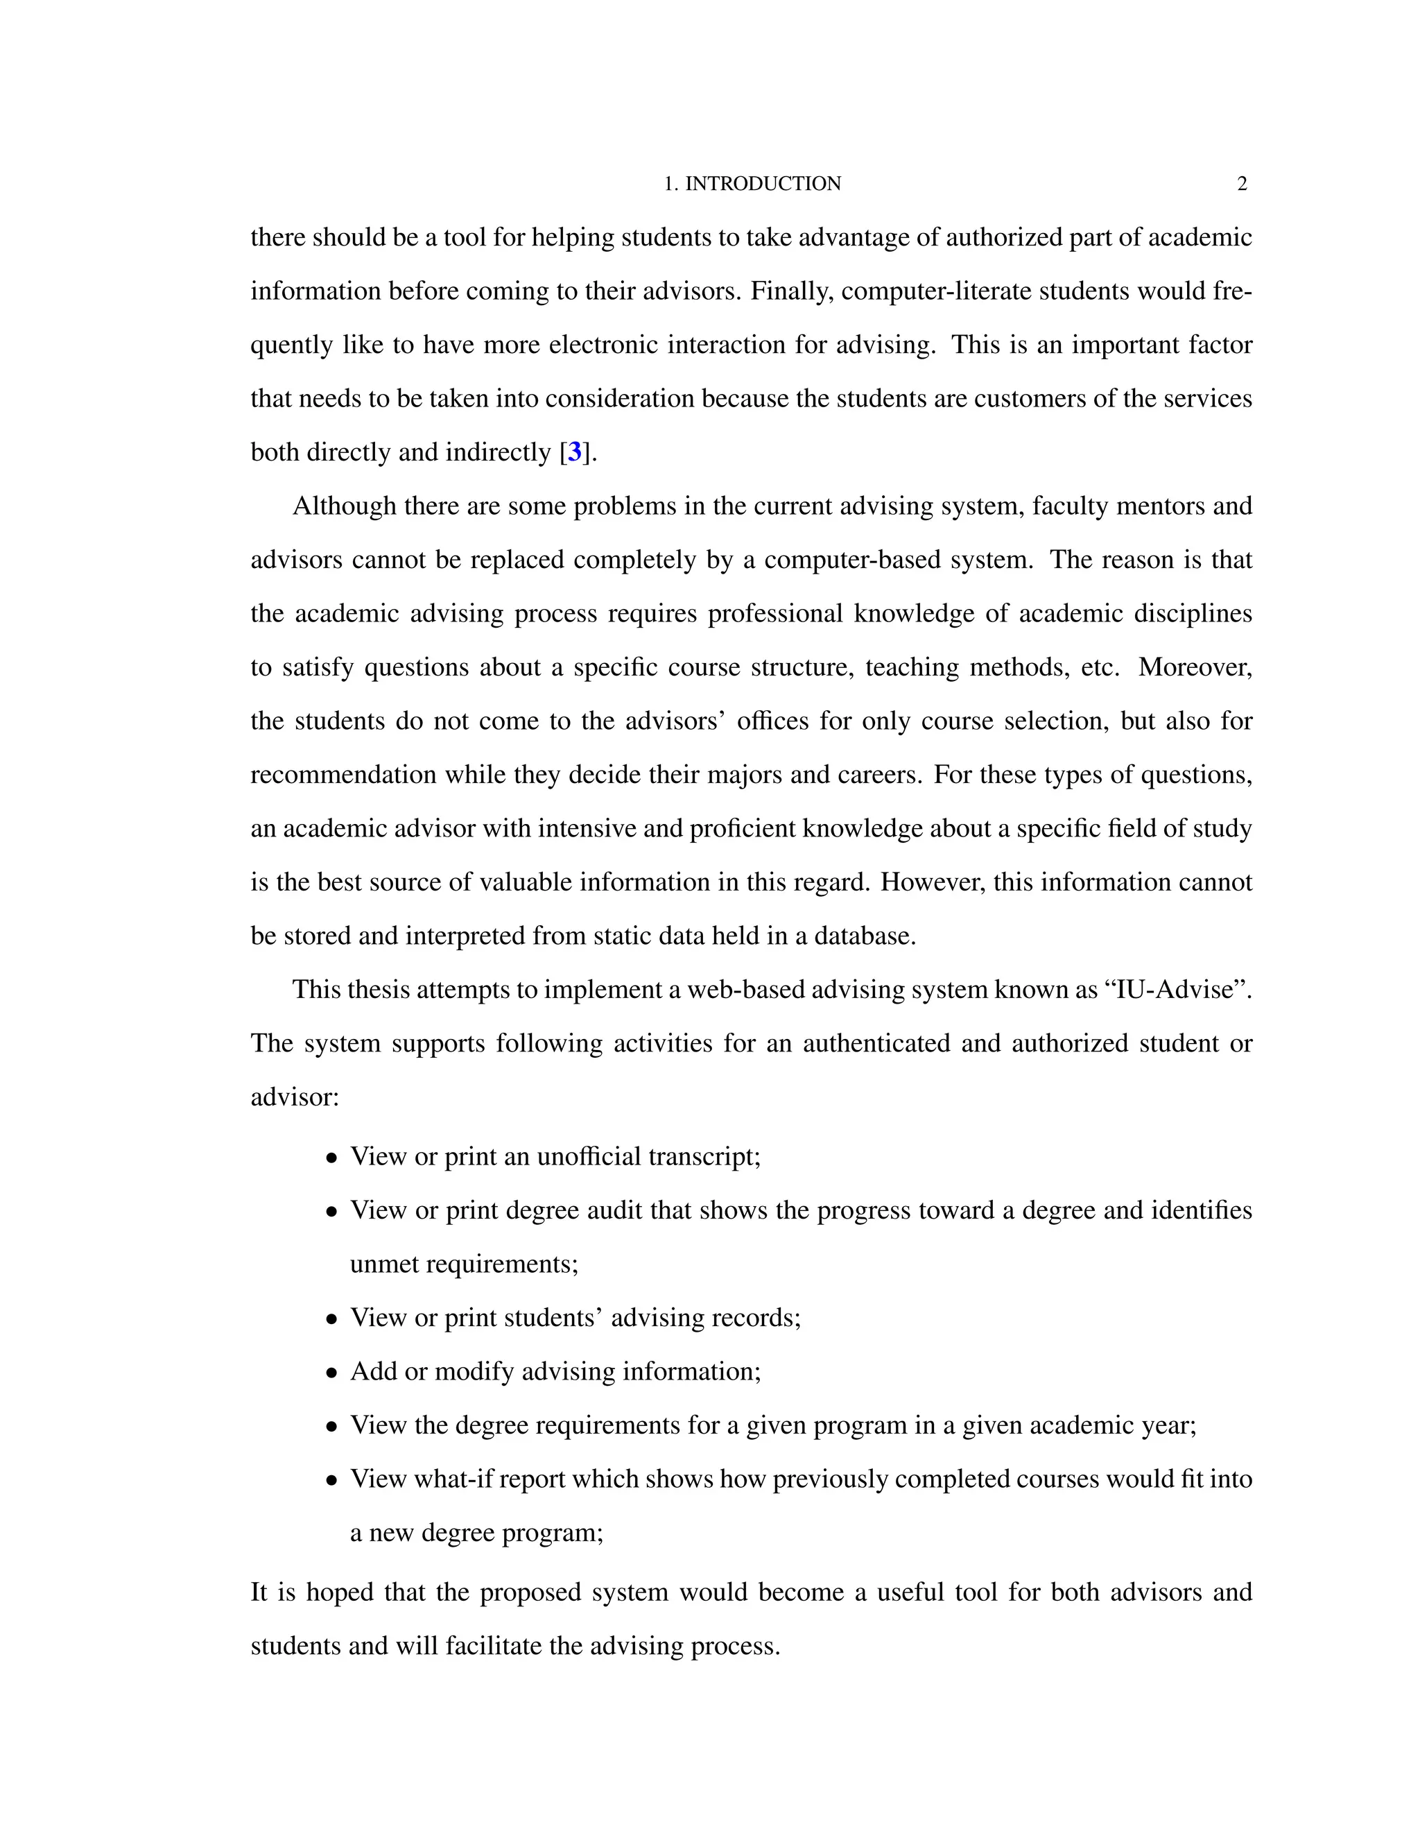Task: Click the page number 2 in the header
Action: pyautogui.click(x=1242, y=184)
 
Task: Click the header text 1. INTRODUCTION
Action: pyautogui.click(x=752, y=184)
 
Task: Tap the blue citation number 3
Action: pyautogui.click(x=575, y=452)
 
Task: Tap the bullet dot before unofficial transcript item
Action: pyautogui.click(x=332, y=1158)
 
